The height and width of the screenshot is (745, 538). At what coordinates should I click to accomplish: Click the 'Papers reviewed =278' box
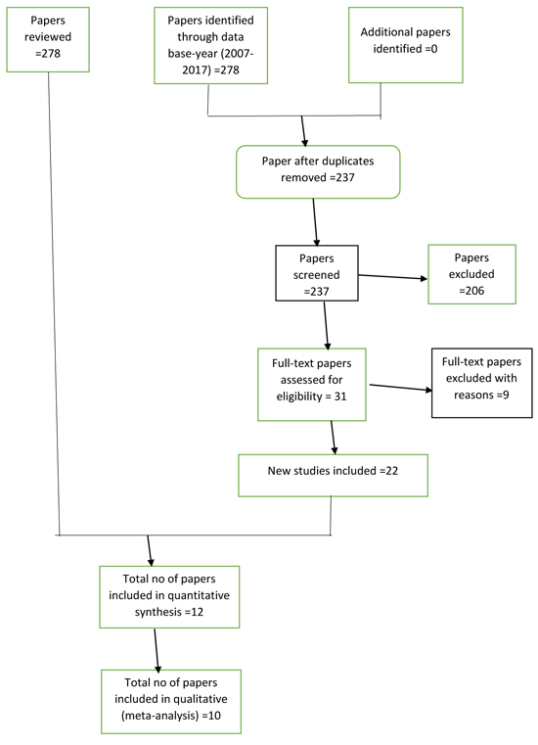point(48,39)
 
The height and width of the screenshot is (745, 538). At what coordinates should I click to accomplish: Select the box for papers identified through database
point(211,46)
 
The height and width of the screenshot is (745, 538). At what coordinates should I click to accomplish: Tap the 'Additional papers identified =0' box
point(406,45)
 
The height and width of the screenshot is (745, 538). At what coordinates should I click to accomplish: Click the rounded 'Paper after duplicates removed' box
point(318,172)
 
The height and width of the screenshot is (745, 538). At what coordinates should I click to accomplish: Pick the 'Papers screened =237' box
point(317,273)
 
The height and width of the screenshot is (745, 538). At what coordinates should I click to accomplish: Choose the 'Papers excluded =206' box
point(472,274)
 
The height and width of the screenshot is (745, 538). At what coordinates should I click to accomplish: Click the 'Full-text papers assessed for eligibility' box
point(312,385)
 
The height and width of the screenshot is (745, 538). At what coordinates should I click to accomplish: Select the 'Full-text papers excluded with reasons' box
point(482,383)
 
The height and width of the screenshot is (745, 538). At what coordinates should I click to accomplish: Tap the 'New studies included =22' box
point(333,476)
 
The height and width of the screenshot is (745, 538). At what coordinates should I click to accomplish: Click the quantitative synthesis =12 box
point(169,597)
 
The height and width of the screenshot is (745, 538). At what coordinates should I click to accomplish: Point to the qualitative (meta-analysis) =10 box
point(171,702)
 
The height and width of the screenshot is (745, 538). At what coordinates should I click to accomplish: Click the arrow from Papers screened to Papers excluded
point(392,276)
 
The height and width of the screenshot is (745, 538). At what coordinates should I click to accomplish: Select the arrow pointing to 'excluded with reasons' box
point(401,388)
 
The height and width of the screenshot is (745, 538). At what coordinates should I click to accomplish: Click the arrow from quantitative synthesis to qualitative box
point(157,649)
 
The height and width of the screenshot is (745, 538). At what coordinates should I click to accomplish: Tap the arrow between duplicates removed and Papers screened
point(315,222)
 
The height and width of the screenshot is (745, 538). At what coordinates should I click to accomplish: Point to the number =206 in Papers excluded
point(471,291)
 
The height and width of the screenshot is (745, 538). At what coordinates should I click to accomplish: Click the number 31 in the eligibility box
point(340,396)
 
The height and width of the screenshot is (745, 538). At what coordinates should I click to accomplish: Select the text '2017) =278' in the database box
point(211,70)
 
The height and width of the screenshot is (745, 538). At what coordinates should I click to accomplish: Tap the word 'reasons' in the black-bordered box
point(473,395)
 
